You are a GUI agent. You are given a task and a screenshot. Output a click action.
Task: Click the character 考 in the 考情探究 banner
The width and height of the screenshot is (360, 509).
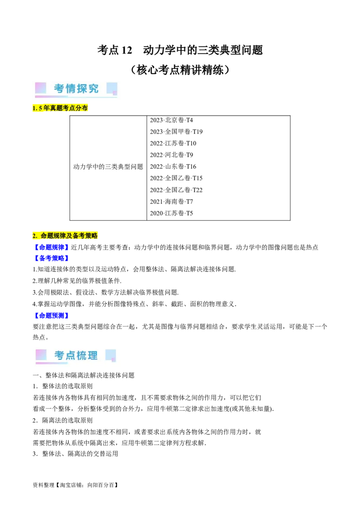pos(59,89)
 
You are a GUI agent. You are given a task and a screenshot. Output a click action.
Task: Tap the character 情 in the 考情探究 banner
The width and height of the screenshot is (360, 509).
pos(71,89)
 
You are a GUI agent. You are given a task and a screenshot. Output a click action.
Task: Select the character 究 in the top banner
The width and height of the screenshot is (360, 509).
pos(93,89)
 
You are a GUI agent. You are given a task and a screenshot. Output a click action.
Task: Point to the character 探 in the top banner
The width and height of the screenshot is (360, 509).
pos(82,89)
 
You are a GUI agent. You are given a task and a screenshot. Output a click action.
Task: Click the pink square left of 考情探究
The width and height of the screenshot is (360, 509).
pos(40,88)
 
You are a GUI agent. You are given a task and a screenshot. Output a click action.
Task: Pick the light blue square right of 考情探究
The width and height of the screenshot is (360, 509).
pos(111,88)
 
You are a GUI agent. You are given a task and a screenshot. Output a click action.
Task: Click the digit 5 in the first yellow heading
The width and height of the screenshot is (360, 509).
pos(40,108)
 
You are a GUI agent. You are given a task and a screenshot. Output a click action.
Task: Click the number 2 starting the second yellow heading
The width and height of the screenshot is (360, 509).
pos(34,236)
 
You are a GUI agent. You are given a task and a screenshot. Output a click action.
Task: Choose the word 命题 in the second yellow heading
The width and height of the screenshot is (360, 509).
pos(47,236)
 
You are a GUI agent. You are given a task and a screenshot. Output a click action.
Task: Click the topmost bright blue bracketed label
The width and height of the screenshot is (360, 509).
pos(51,247)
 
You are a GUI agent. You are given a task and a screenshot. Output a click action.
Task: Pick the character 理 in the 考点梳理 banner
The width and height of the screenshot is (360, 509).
pos(93,355)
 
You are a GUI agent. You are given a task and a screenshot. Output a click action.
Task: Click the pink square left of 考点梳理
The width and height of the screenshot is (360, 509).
pos(41,354)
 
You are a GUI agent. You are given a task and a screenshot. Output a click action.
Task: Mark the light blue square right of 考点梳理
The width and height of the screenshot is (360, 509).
pos(110,354)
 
